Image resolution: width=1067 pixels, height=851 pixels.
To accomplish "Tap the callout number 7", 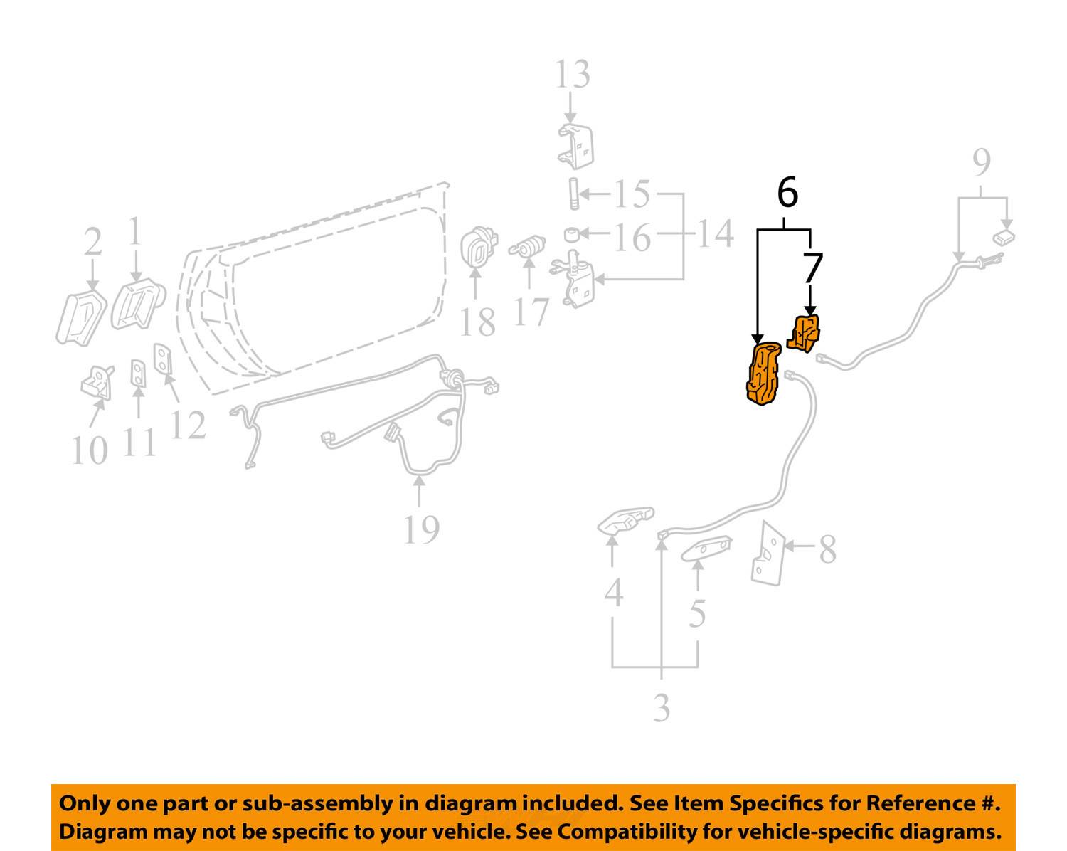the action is (812, 268).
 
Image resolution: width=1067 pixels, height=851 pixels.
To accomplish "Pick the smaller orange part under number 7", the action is (804, 334).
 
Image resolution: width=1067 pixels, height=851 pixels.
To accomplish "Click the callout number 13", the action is (572, 75).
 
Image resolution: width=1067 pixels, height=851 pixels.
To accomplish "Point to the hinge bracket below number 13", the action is (575, 146).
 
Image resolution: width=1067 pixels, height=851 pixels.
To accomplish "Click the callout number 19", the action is (421, 530).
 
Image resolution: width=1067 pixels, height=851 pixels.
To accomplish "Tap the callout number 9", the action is (981, 163).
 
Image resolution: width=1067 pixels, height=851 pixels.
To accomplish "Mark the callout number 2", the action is (92, 242).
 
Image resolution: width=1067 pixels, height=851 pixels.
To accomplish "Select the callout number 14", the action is (716, 233).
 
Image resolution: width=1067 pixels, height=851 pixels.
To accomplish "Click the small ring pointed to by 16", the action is (571, 233).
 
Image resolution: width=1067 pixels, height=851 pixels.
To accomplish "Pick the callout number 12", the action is (187, 425).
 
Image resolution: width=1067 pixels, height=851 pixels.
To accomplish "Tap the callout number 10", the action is (90, 451).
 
